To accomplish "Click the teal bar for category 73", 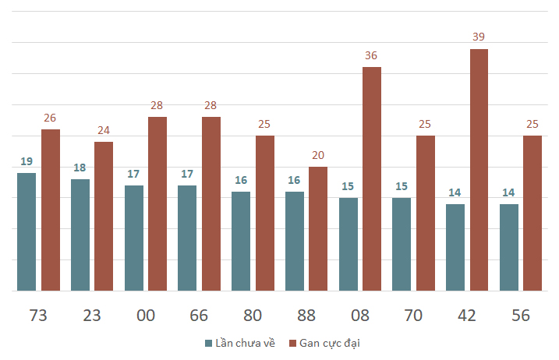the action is coord(27,231).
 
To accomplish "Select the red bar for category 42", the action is coord(479,170).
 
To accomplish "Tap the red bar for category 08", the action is coord(372,179).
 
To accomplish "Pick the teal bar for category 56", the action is coord(509,247).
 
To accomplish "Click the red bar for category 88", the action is coord(318,229).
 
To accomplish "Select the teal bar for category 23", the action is coord(80,235).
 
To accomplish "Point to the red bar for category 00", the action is coord(157,204).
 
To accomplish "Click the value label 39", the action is coord(479,37).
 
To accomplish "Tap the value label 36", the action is coord(371,55).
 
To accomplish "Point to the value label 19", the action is coord(27,161).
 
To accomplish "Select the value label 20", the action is coord(318,155).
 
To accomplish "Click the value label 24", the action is coord(104,130).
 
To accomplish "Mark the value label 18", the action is coord(80,168).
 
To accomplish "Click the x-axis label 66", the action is coord(199,316).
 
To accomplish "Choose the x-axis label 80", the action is coord(253,316).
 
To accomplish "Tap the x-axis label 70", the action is coord(413,316).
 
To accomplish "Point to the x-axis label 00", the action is coord(146,316).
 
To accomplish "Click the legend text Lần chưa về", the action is coord(246,343).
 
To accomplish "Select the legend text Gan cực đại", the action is coord(330,344).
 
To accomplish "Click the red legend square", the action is coord(292,344).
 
